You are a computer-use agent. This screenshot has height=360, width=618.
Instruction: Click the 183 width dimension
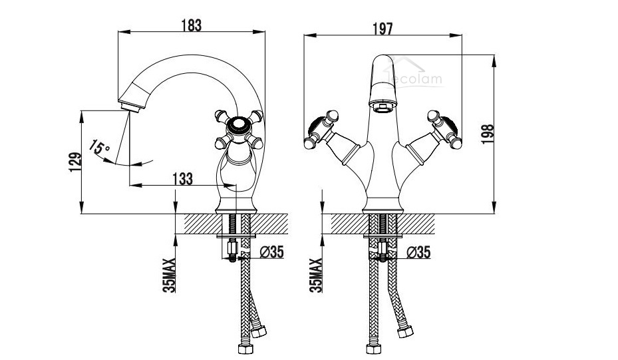click(x=191, y=26)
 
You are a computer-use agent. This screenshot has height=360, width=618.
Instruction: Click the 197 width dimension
click(x=383, y=28)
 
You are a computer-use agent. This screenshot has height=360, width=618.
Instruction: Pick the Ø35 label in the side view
click(x=272, y=252)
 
